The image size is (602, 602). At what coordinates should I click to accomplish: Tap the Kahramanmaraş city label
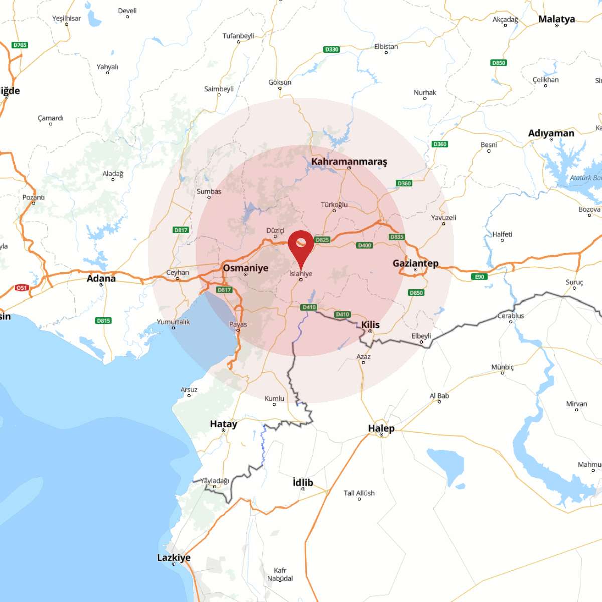click(349, 162)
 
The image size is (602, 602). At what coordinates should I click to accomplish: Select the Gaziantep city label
click(415, 263)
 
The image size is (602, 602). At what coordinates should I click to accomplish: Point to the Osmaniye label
click(245, 268)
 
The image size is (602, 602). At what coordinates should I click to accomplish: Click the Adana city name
click(101, 278)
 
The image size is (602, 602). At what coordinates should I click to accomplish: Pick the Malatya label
click(556, 19)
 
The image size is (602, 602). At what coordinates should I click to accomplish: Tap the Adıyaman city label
click(551, 133)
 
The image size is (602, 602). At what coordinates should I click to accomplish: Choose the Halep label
click(381, 428)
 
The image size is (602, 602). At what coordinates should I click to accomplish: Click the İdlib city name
click(303, 482)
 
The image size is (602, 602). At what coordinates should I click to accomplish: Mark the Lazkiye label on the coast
click(174, 558)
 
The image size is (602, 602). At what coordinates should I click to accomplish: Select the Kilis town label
click(370, 325)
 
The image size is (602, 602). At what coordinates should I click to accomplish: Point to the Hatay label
click(223, 424)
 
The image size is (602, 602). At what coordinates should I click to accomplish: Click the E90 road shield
click(480, 277)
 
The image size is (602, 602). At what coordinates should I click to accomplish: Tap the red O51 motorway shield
click(22, 288)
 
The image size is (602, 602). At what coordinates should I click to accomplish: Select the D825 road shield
click(322, 240)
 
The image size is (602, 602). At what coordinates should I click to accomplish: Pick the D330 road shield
click(332, 49)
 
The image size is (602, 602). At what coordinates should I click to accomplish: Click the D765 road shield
click(20, 45)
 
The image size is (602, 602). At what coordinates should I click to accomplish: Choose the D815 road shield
click(103, 320)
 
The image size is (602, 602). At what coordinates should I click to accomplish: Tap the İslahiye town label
click(301, 274)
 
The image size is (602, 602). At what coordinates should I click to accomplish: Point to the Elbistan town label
click(386, 47)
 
